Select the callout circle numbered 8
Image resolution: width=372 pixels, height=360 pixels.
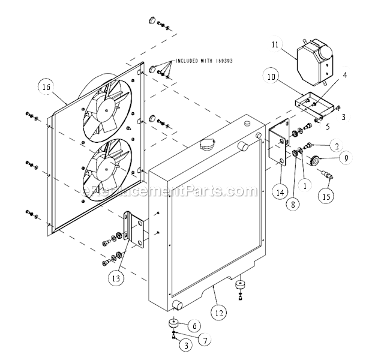(x=293, y=204)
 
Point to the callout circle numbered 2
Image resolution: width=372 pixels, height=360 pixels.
(x=337, y=146)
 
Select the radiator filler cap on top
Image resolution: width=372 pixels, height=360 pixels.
(x=205, y=146)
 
